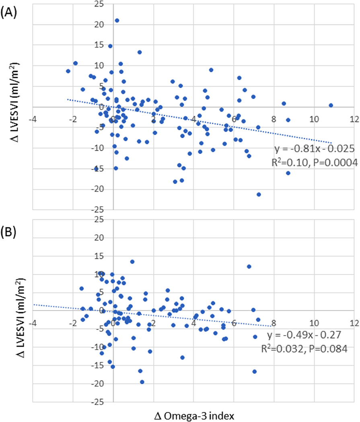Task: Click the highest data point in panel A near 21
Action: click(x=117, y=20)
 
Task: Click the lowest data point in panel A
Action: click(x=259, y=195)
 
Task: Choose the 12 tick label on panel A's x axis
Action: click(x=354, y=119)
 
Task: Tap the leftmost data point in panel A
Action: click(x=68, y=71)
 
